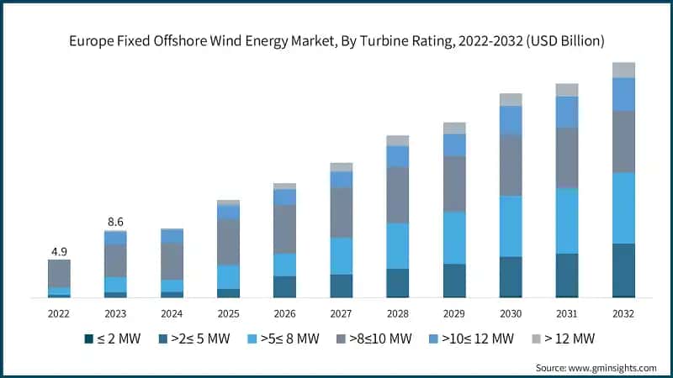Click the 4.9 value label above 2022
click(58, 249)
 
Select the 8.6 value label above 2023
click(115, 221)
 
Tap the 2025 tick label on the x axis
click(228, 312)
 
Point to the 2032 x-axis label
click(623, 312)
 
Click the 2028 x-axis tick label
click(397, 312)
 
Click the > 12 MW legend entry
click(565, 339)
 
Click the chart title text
click(336, 40)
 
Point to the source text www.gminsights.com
click(599, 368)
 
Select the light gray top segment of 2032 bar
click(623, 70)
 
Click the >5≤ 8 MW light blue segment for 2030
click(511, 226)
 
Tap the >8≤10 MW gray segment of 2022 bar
click(59, 273)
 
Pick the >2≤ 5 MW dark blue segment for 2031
click(567, 275)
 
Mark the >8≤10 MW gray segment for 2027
click(341, 212)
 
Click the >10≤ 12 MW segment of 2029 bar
click(454, 144)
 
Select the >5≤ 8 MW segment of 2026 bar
click(284, 265)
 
